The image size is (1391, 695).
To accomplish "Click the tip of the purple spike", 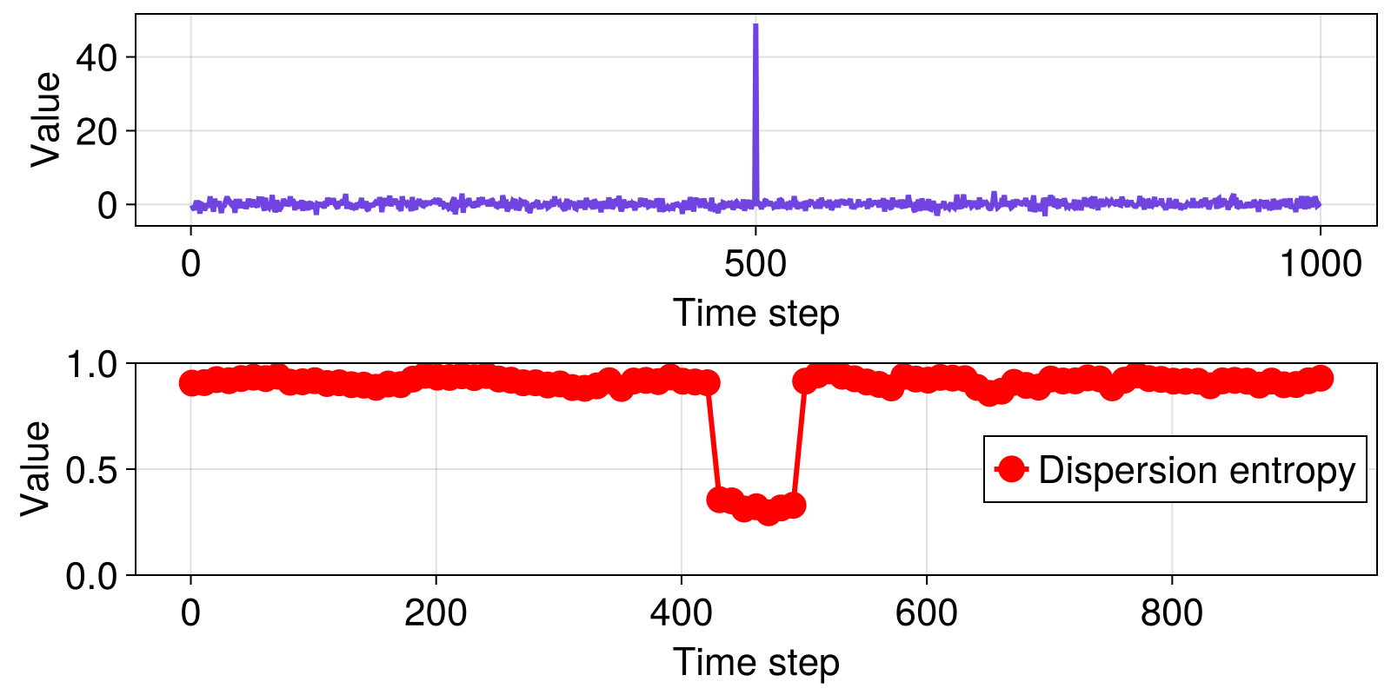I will pyautogui.click(x=755, y=25).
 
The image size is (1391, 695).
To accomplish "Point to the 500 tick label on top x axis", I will pyautogui.click(x=755, y=263).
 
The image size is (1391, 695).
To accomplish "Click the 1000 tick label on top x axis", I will pyautogui.click(x=1320, y=263).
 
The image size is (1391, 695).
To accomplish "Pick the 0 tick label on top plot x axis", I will pyautogui.click(x=190, y=263).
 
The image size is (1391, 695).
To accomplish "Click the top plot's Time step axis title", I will pyautogui.click(x=755, y=313).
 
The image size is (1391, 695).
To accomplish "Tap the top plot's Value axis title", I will pyautogui.click(x=45, y=119).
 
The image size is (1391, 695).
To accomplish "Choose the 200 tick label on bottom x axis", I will pyautogui.click(x=436, y=612).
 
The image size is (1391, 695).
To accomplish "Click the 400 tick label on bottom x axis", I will pyautogui.click(x=682, y=612).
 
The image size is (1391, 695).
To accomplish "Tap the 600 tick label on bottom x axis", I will pyautogui.click(x=927, y=612).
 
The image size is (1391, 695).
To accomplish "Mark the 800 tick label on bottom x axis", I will pyautogui.click(x=1172, y=612).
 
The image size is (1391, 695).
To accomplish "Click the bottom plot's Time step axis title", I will pyautogui.click(x=755, y=662).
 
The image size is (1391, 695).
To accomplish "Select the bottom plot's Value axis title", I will pyautogui.click(x=36, y=468).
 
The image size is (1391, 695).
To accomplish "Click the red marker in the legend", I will pyautogui.click(x=1011, y=470).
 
